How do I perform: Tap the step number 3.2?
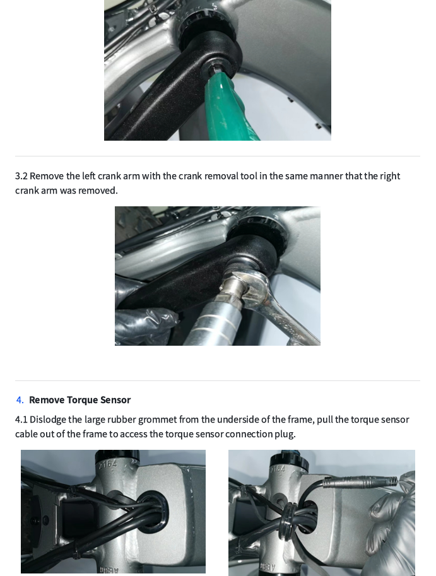(x=21, y=176)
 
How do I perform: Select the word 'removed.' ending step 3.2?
(x=98, y=191)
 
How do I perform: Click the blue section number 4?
(x=20, y=400)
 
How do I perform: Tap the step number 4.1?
(x=21, y=420)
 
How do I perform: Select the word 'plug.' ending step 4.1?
(x=285, y=434)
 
